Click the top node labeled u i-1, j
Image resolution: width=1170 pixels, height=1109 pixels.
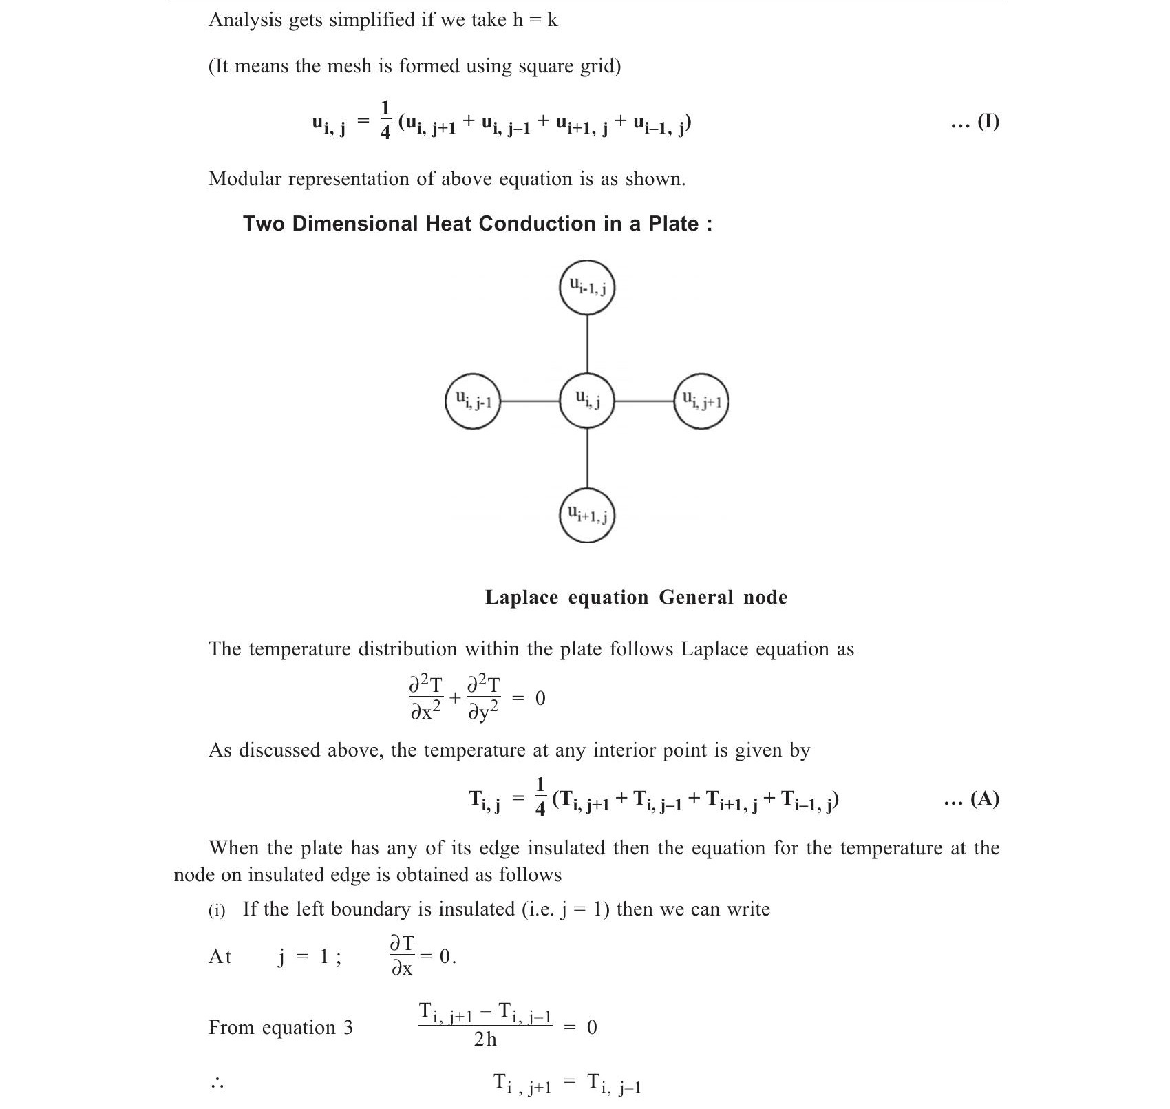tap(586, 287)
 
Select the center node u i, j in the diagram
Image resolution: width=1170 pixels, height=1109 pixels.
tap(586, 400)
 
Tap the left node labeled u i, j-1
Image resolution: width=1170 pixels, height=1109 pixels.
tap(473, 400)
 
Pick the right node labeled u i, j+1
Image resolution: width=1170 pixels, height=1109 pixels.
tap(701, 400)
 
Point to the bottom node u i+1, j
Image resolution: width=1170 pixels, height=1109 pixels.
tap(586, 514)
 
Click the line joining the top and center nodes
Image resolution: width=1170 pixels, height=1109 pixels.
tap(586, 344)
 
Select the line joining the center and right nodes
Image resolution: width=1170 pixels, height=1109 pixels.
tap(643, 400)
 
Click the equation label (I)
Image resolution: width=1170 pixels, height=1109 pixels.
tap(988, 122)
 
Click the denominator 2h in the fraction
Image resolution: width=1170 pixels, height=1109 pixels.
tap(485, 1039)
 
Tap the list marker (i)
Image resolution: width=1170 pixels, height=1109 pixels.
tap(217, 911)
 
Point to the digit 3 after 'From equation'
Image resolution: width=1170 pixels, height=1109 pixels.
tap(348, 1028)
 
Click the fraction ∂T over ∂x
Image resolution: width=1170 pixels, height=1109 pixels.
tap(402, 955)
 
